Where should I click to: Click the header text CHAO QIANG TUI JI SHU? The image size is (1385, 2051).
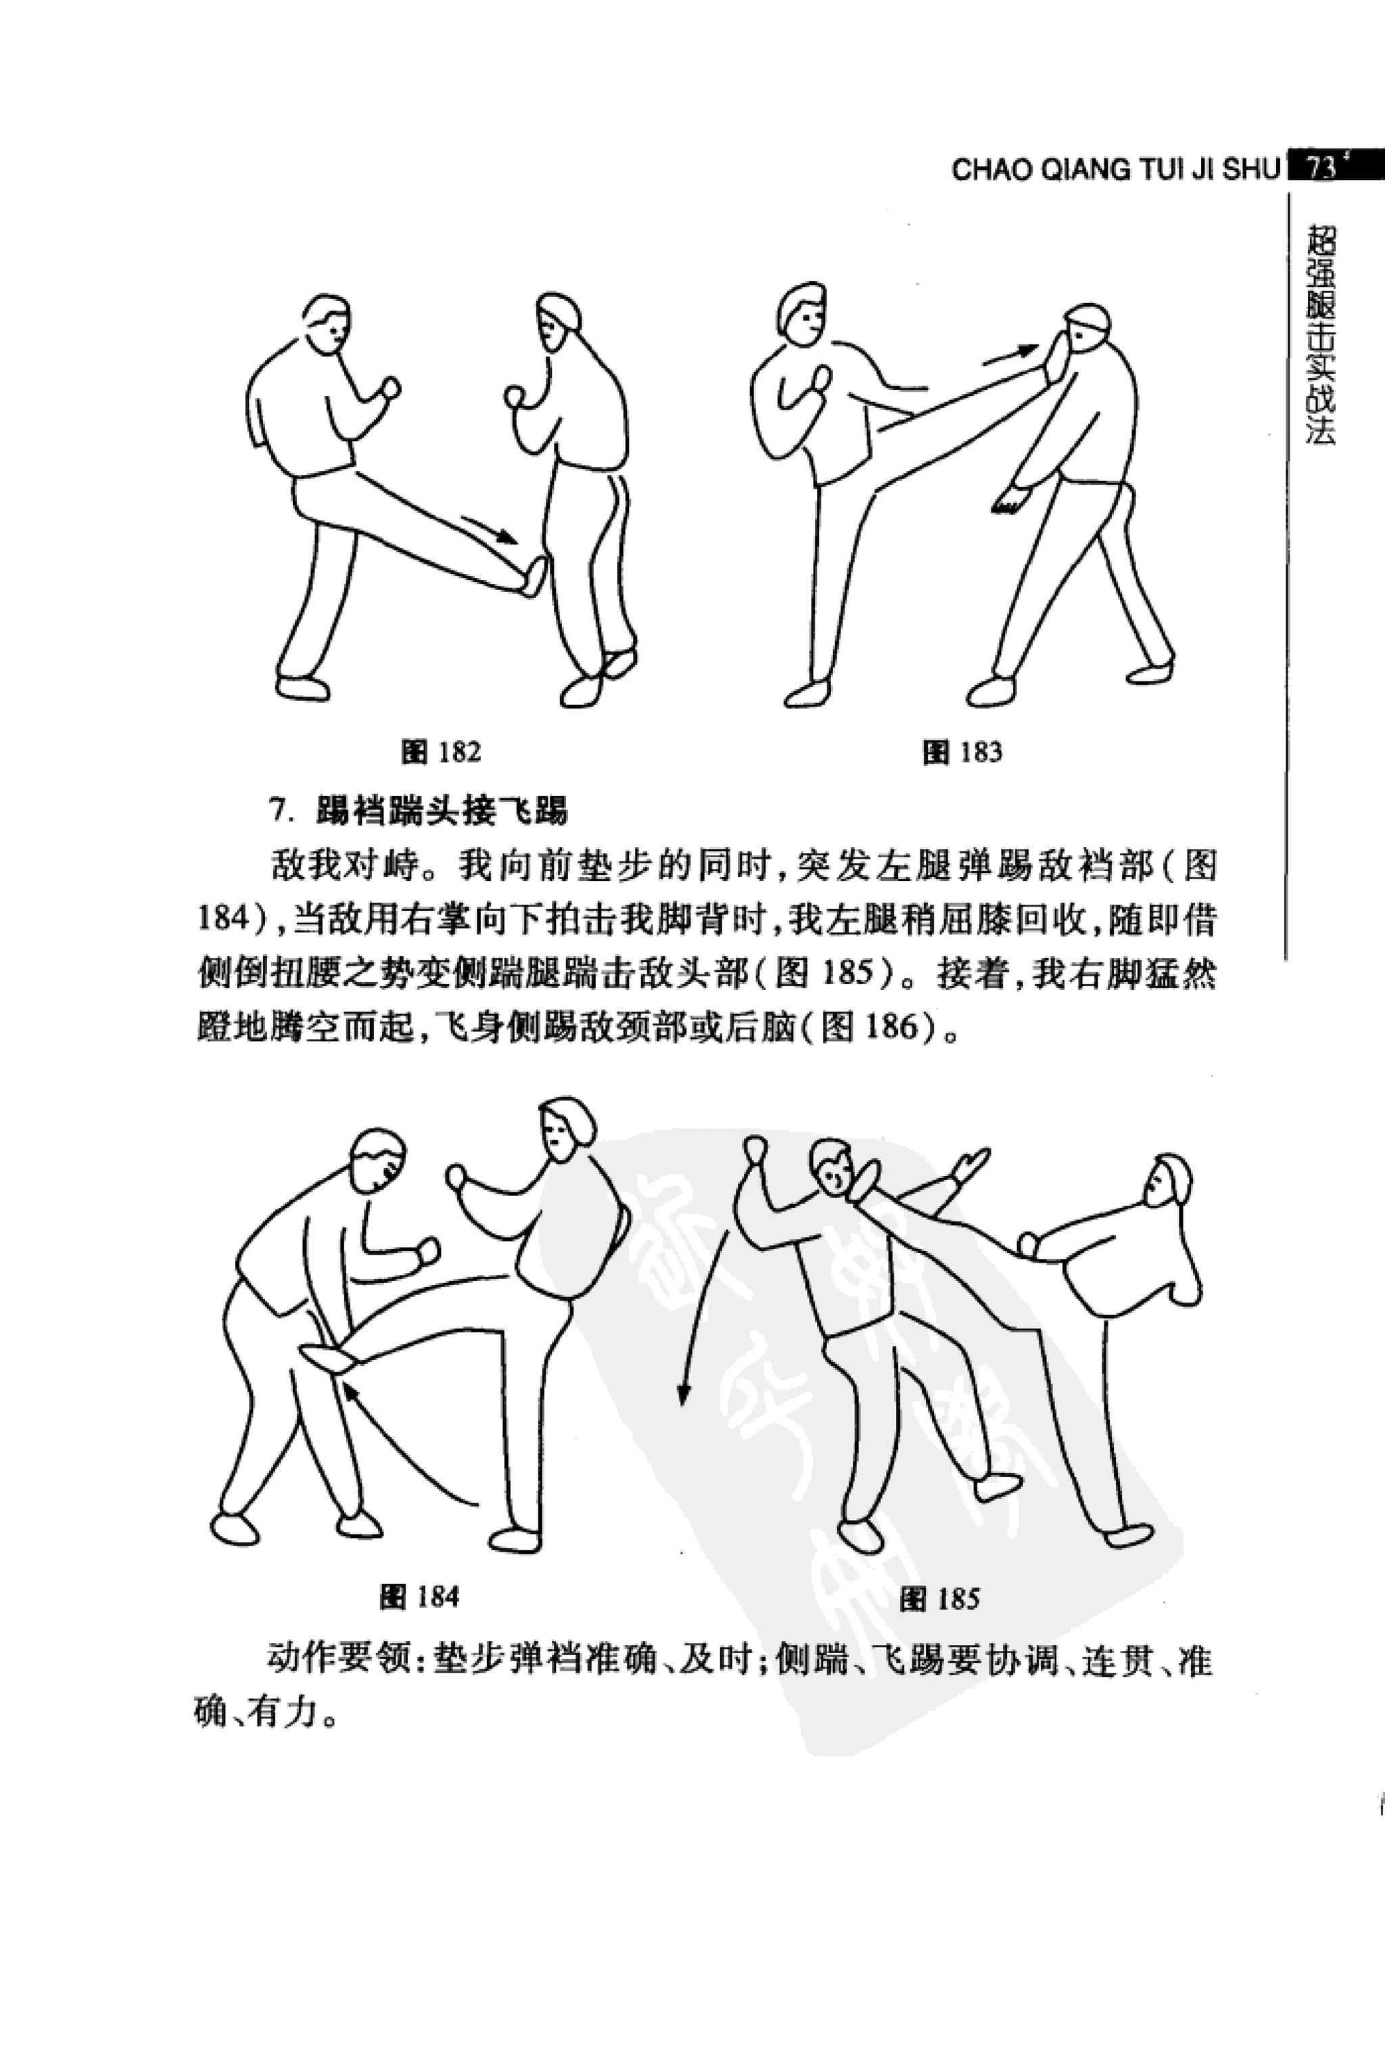(x=1114, y=169)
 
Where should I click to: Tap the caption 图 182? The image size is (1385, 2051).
(x=441, y=752)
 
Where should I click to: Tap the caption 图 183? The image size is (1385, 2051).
(x=962, y=752)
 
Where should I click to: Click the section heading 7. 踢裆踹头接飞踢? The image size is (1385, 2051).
(x=419, y=810)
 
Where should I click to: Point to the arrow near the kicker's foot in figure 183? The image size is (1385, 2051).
(x=1011, y=355)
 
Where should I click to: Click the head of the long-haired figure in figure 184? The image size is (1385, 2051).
(x=565, y=1129)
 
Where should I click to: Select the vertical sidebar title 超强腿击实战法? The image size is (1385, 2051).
(x=1321, y=336)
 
